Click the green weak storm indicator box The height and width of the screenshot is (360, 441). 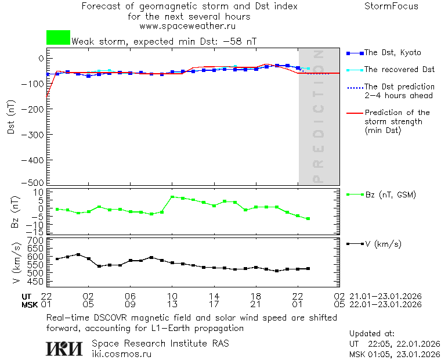[58, 38]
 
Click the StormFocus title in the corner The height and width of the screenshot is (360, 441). [391, 6]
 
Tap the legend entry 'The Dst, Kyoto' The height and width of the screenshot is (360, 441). [392, 53]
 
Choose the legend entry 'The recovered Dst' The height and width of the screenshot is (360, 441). [399, 70]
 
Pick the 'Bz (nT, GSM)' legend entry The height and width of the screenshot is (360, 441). [390, 195]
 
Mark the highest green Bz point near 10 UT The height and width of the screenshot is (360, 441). [172, 197]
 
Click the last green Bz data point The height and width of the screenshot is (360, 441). [308, 219]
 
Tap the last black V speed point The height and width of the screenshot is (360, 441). [308, 269]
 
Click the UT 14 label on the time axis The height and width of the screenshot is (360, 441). [214, 296]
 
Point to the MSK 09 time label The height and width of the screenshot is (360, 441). [131, 304]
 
